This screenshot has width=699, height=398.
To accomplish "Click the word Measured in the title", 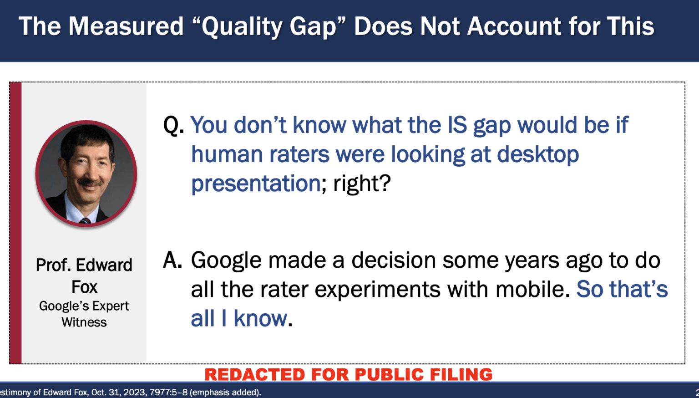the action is (x=126, y=26).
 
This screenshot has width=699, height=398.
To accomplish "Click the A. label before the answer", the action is (x=172, y=260).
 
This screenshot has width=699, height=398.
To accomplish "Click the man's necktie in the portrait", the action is (x=85, y=221).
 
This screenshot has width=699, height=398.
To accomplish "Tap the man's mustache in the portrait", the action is (x=90, y=183).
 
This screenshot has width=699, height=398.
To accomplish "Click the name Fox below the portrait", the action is (x=84, y=287).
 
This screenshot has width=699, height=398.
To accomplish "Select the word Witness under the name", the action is (x=84, y=322).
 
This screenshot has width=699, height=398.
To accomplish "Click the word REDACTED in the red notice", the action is (x=255, y=374).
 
